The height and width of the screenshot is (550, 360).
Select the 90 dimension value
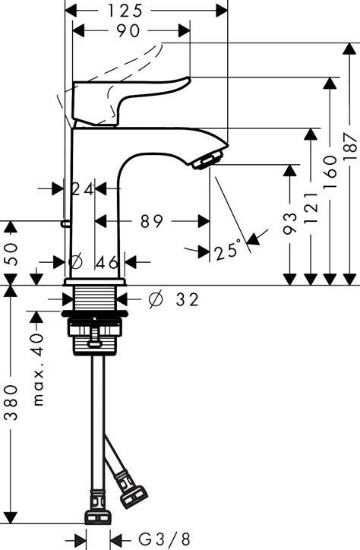[130, 31]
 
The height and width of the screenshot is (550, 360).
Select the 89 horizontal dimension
[153, 222]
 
